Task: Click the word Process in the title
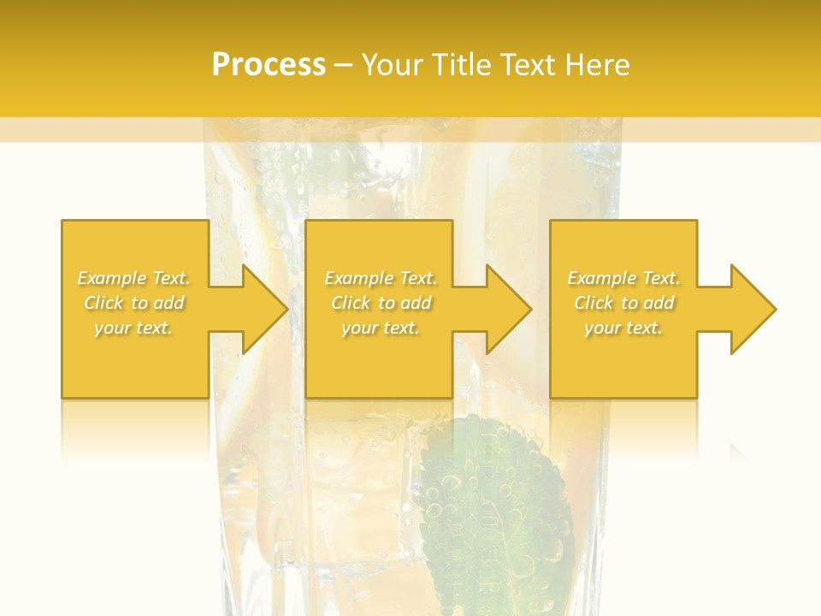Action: (x=269, y=65)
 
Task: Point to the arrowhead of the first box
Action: (x=263, y=309)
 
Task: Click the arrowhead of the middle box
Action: (x=508, y=309)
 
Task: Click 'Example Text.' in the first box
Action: (x=133, y=278)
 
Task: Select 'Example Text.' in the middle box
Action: (x=381, y=278)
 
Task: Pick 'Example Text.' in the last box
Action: (x=623, y=278)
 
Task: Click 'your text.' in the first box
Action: (x=133, y=328)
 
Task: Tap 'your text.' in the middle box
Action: (x=381, y=328)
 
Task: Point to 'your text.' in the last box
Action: (x=623, y=328)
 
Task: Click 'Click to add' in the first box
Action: (x=133, y=303)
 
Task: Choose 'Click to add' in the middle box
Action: (x=381, y=303)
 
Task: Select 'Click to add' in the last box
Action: (x=623, y=303)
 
